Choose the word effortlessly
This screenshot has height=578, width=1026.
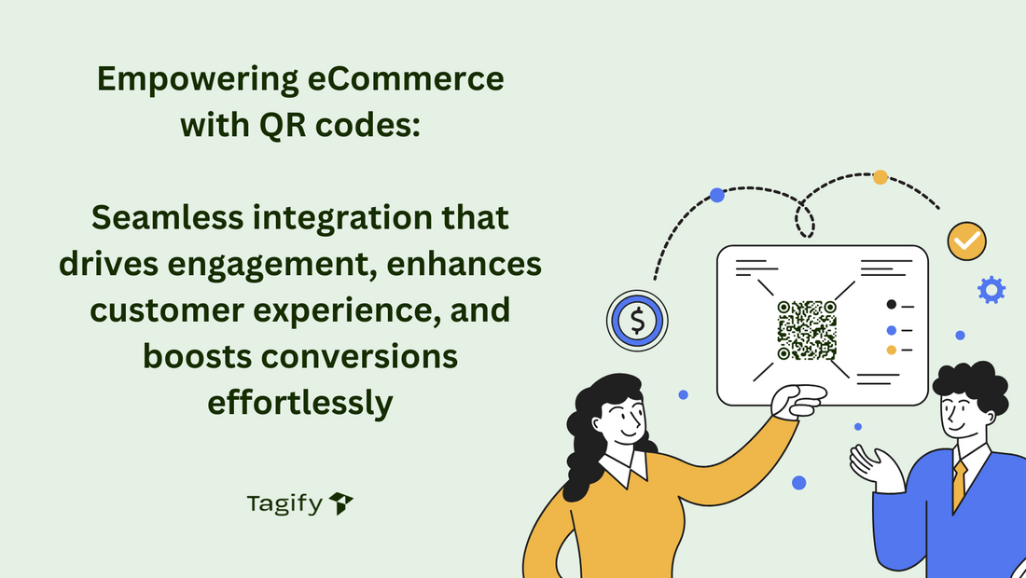tap(299, 403)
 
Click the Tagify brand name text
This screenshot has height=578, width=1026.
tap(284, 504)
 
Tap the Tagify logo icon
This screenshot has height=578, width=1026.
tap(341, 504)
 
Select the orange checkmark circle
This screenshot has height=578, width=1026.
tap(966, 241)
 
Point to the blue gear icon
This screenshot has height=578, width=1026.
tap(991, 290)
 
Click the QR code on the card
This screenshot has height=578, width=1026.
tap(807, 330)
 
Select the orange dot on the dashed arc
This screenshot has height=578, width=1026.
tap(880, 177)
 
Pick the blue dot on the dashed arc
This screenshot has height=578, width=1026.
tap(716, 195)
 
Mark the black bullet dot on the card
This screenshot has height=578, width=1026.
tap(891, 304)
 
